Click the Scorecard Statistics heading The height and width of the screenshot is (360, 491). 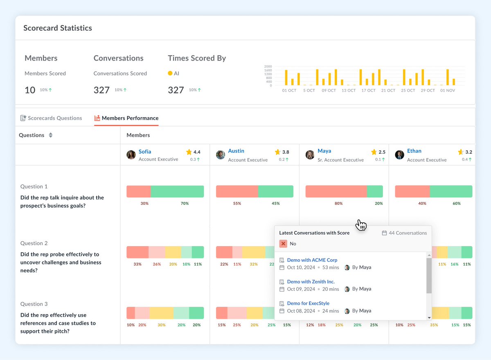[x=58, y=28]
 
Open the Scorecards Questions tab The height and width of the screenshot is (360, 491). [x=51, y=118]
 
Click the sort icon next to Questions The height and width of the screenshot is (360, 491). [x=51, y=135]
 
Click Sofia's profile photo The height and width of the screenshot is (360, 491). [x=131, y=155]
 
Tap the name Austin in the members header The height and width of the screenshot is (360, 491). [x=236, y=151]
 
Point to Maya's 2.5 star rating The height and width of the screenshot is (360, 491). [x=378, y=152]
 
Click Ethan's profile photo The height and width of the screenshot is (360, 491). [x=399, y=155]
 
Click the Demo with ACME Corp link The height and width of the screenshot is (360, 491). [x=312, y=260]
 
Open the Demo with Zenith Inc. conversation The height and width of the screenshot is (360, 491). [x=311, y=282]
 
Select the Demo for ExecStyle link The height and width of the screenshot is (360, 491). [x=308, y=303]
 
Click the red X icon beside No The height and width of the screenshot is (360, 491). [x=283, y=244]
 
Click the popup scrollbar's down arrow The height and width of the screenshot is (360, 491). [x=429, y=317]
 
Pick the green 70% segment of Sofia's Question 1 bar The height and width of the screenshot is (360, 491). [x=177, y=192]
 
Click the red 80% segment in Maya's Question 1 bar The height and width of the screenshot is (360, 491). [x=336, y=192]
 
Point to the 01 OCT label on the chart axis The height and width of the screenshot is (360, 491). [x=289, y=91]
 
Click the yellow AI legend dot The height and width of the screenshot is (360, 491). [x=170, y=73]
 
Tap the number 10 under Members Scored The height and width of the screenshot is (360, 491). [x=30, y=90]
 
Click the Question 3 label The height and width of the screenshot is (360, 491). [x=34, y=304]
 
